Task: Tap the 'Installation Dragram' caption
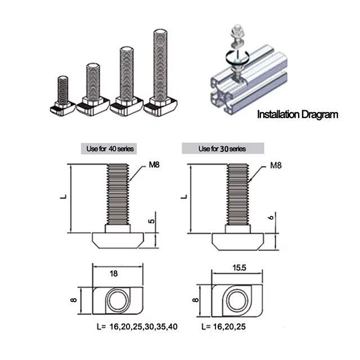click(298, 115)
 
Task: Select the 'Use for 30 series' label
click(223, 149)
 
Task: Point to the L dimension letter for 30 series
click(184, 197)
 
